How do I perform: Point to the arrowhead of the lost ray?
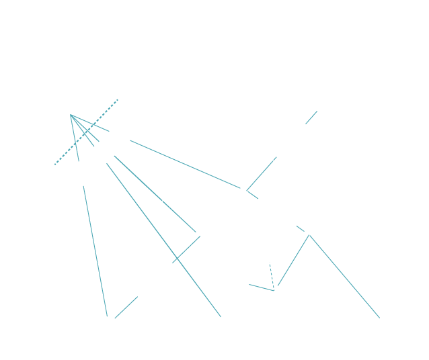pyautogui.click(x=319, y=107)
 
